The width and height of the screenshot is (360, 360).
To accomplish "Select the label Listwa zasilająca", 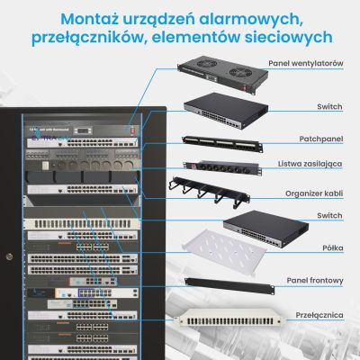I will (x=311, y=166).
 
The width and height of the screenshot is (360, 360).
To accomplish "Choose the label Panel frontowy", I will (x=314, y=281).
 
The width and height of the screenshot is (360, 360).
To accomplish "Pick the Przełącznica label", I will (x=318, y=315).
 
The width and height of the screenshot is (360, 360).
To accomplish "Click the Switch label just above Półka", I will (x=329, y=216).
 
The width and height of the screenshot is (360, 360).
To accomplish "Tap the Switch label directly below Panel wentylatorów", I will (x=329, y=106).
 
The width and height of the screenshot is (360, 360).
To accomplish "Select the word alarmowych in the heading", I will (x=262, y=17).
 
